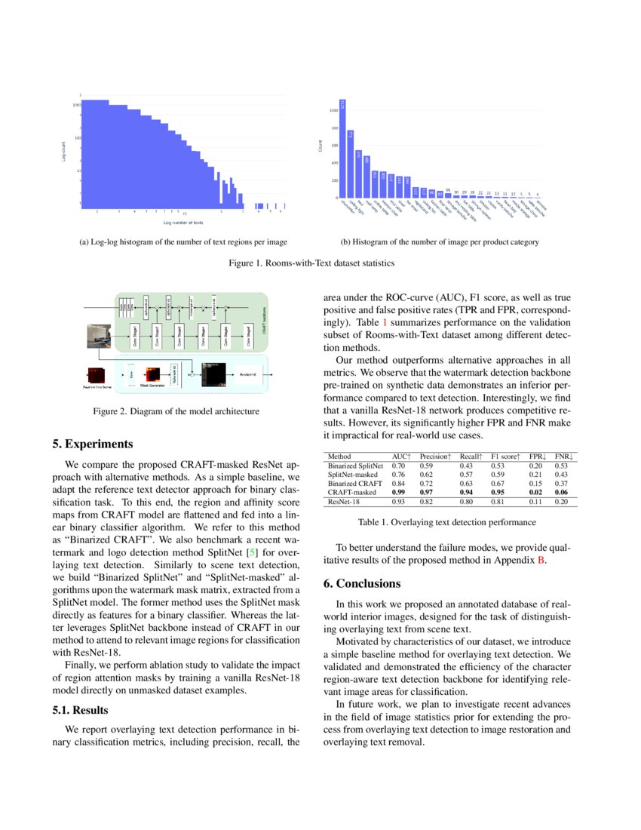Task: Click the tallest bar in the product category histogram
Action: point(342,149)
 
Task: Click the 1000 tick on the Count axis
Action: point(333,110)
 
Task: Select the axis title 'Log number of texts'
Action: point(182,223)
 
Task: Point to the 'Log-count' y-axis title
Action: point(65,150)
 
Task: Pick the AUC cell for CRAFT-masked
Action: point(398,491)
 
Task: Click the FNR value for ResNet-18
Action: point(560,501)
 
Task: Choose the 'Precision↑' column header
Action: point(435,456)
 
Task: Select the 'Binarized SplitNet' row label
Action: point(355,466)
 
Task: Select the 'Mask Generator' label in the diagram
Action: point(152,385)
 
